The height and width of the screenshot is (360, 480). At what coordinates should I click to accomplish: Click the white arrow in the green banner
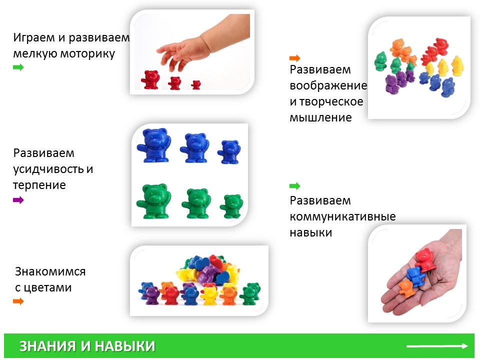pos(437,346)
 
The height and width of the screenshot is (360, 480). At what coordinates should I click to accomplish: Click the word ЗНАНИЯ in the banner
pos(47,346)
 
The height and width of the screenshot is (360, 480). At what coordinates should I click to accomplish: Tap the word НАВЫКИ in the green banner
pos(124,346)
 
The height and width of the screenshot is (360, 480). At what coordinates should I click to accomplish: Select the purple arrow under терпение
pos(18,200)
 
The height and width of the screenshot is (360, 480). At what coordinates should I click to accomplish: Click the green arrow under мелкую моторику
pos(18,67)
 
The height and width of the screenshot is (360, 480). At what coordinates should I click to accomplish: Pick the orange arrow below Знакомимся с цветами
pos(18,301)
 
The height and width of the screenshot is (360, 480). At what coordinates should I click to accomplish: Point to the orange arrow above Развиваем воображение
pos(295,58)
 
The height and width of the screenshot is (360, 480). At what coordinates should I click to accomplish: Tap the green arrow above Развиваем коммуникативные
pos(295,186)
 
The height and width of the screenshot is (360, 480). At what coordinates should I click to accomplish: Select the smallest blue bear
pos(229,152)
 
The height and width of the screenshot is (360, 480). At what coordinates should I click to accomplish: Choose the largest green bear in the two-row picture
pos(153,201)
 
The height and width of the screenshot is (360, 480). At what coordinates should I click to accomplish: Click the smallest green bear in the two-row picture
pos(231,206)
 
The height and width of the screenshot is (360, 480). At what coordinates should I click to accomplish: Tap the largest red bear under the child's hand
pos(150,79)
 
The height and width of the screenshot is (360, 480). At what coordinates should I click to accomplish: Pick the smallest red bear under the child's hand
pos(196,85)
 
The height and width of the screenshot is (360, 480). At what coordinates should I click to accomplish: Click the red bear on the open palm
pos(425,260)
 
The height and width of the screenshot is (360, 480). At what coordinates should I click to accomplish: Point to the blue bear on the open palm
pos(415,275)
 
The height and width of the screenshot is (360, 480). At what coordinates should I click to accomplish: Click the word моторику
pos(87,53)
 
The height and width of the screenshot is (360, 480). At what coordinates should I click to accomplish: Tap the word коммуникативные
pos(342,216)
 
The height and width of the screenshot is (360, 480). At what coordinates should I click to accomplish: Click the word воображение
pos(328,85)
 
